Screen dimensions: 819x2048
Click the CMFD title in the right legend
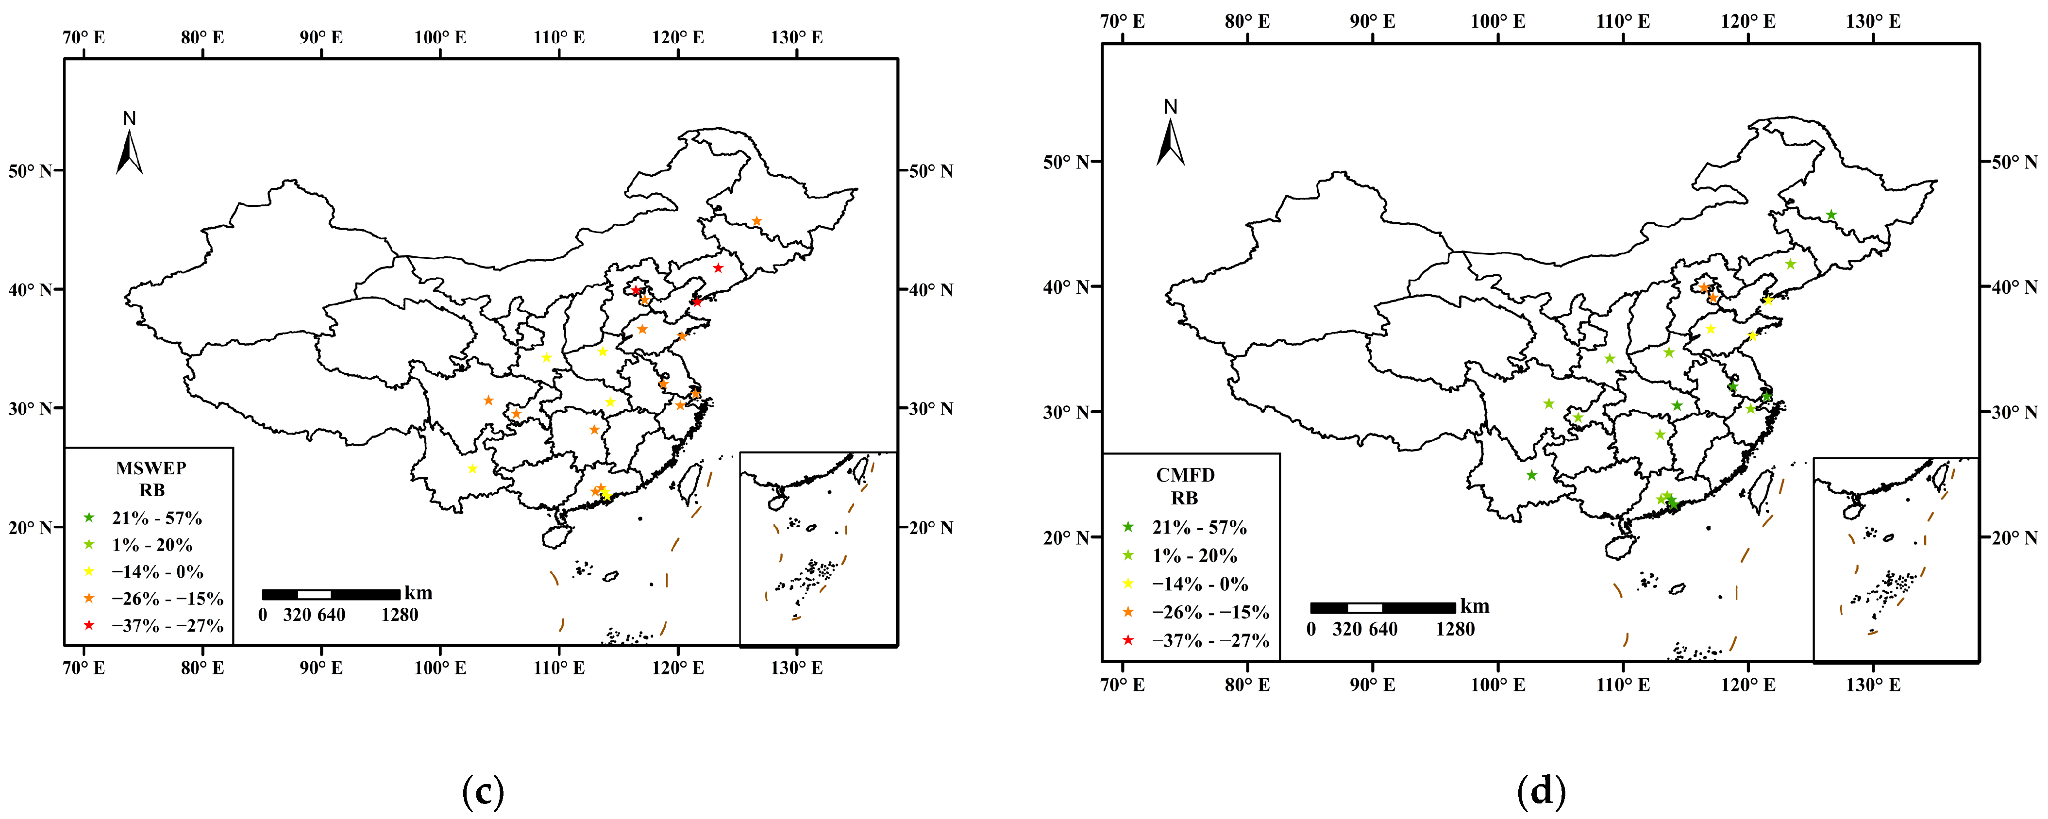tap(1185, 475)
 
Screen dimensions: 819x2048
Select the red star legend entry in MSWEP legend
tap(89, 626)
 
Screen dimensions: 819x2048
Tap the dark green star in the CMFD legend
tap(1127, 527)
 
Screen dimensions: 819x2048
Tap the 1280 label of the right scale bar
tap(1454, 630)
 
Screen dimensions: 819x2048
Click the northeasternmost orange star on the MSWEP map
tap(757, 221)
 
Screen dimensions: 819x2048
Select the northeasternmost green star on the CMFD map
tap(1831, 215)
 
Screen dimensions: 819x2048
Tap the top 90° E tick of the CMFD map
tap(1372, 21)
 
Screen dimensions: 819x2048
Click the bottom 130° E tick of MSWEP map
tap(797, 668)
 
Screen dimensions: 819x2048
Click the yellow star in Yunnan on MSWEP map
tap(472, 468)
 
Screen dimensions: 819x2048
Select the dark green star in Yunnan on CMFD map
tap(1531, 475)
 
